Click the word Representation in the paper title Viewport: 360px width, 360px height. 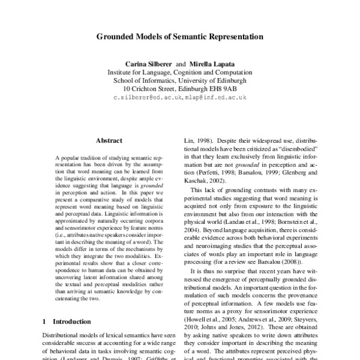click(235, 36)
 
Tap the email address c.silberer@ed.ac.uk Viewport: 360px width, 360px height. click(146, 97)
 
